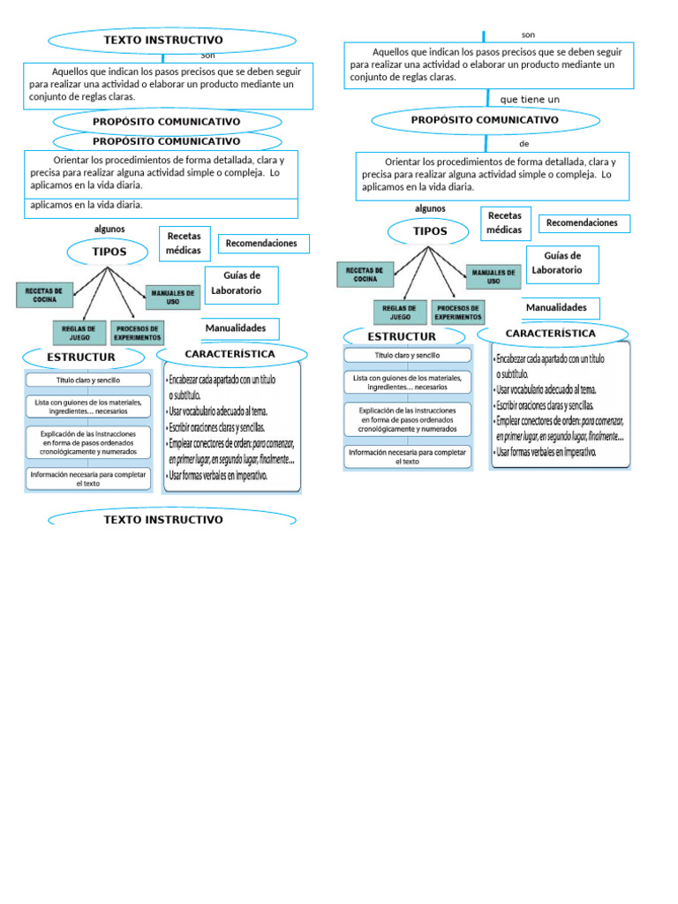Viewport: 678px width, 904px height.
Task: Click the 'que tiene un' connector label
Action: pos(530,99)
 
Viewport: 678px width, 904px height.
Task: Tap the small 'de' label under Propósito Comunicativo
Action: pos(524,143)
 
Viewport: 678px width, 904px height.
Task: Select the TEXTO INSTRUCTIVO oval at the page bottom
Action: pos(164,519)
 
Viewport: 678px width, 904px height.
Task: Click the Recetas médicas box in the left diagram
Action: pos(184,243)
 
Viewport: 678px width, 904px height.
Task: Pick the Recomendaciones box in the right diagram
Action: pos(582,223)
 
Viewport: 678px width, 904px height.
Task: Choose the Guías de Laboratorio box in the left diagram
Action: pos(240,282)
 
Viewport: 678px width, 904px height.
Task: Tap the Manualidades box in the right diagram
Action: pos(556,307)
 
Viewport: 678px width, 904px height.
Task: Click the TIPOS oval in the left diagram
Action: pos(109,252)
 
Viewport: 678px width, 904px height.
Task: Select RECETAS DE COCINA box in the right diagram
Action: pos(365,275)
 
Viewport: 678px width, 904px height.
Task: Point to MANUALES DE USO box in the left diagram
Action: pos(173,298)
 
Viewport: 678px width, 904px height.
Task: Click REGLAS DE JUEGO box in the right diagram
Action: pos(400,313)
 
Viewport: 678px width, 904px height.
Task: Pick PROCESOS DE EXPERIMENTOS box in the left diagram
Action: pos(138,333)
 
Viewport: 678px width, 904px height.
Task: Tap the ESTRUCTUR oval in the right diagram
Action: pos(402,336)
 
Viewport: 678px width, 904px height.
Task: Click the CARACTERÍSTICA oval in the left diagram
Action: pos(230,354)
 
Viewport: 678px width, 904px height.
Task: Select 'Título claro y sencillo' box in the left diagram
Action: pos(87,380)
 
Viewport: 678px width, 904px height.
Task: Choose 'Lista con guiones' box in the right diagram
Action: pos(407,382)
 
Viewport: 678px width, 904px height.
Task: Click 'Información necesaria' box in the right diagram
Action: pos(407,456)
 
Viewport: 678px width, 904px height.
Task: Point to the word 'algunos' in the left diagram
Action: pos(109,230)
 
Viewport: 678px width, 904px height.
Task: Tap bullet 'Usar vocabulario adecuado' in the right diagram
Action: pos(547,388)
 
